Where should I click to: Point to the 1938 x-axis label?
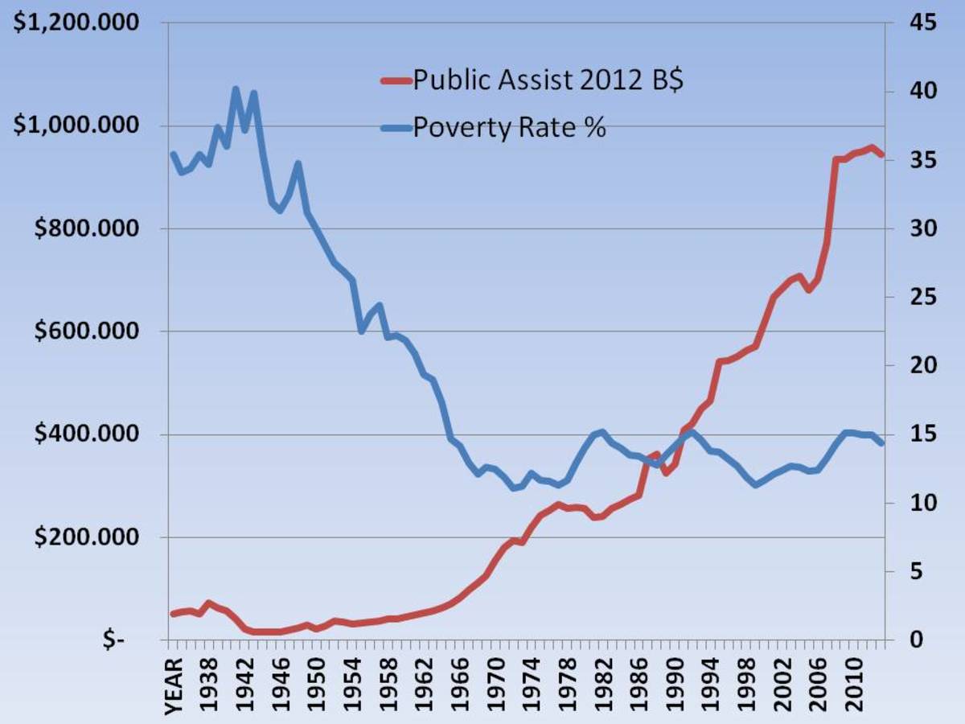(x=208, y=683)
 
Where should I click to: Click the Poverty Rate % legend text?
(x=509, y=127)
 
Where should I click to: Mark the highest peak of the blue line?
(x=236, y=89)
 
